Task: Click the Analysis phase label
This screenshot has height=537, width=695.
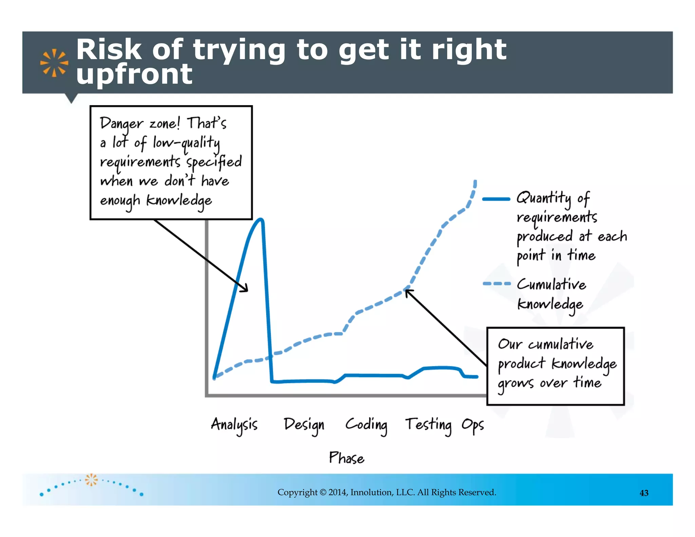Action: point(234,425)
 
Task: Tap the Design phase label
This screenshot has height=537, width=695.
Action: point(304,425)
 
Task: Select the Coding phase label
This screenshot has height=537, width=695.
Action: point(366,425)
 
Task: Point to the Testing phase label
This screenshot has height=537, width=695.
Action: point(429,425)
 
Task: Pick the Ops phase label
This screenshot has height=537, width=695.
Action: point(472,425)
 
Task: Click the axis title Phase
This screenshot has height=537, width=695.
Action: point(346,458)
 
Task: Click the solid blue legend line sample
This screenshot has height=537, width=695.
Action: point(496,199)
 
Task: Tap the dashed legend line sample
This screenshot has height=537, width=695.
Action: point(496,283)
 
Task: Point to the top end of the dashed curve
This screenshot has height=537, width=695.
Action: point(475,182)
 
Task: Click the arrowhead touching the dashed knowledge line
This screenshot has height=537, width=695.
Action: point(407,291)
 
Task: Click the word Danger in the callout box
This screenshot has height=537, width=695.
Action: point(121,124)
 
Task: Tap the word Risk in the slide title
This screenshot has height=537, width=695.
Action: point(109,50)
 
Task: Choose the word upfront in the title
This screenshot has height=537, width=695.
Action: point(134,74)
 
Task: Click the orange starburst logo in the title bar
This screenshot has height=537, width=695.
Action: point(54,63)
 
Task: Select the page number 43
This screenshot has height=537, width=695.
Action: point(644,493)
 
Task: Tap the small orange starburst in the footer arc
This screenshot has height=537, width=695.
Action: point(91,480)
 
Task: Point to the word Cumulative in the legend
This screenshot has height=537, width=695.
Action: point(551,284)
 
